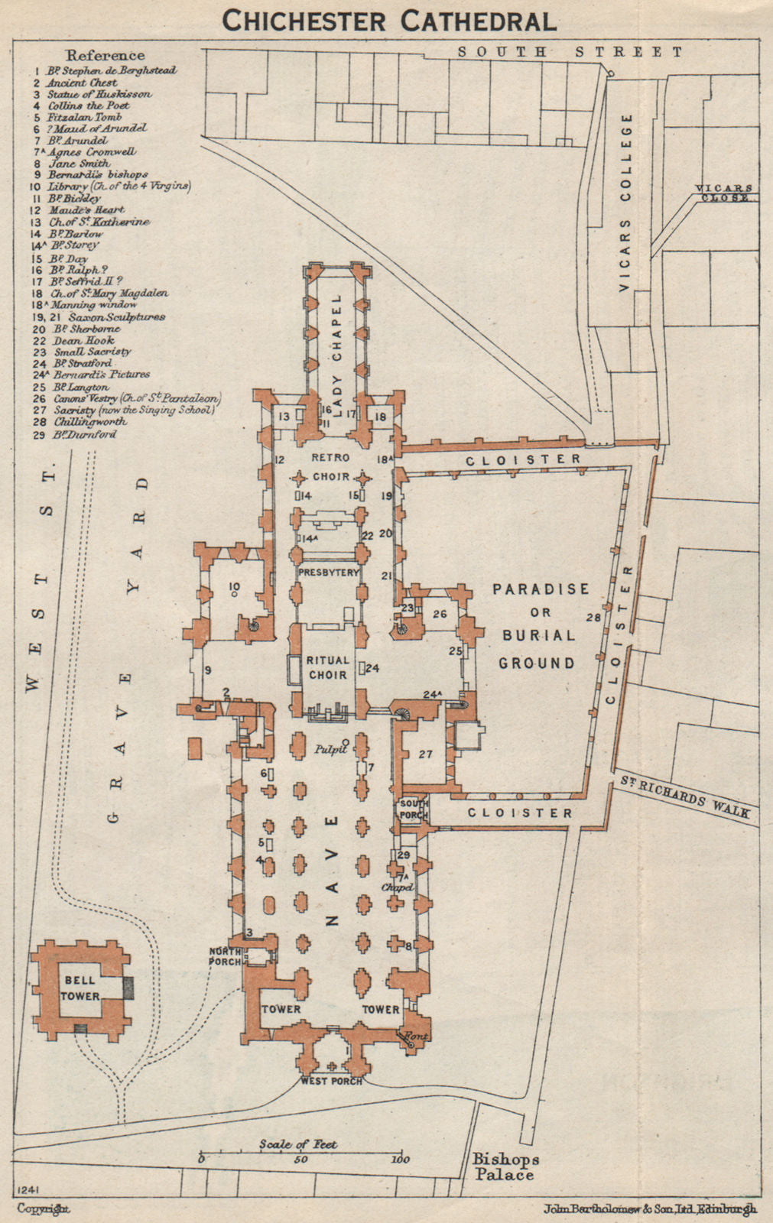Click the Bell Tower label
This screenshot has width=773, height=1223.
[x=80, y=988]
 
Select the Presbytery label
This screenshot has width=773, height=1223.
[x=329, y=572]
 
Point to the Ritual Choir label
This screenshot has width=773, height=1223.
[x=328, y=667]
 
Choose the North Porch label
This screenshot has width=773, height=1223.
[x=226, y=955]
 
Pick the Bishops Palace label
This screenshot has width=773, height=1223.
[x=505, y=1167]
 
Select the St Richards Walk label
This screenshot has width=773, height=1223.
[x=685, y=797]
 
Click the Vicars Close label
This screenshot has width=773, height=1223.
[x=723, y=193]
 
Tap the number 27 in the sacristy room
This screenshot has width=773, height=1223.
[x=426, y=754]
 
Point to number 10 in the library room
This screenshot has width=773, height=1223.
[x=234, y=588]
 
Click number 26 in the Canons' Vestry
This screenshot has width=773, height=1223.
[x=439, y=614]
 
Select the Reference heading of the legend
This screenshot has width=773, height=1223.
[x=105, y=55]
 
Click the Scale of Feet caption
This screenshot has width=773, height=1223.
[x=298, y=1144]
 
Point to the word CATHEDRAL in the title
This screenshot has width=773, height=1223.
[x=479, y=21]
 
